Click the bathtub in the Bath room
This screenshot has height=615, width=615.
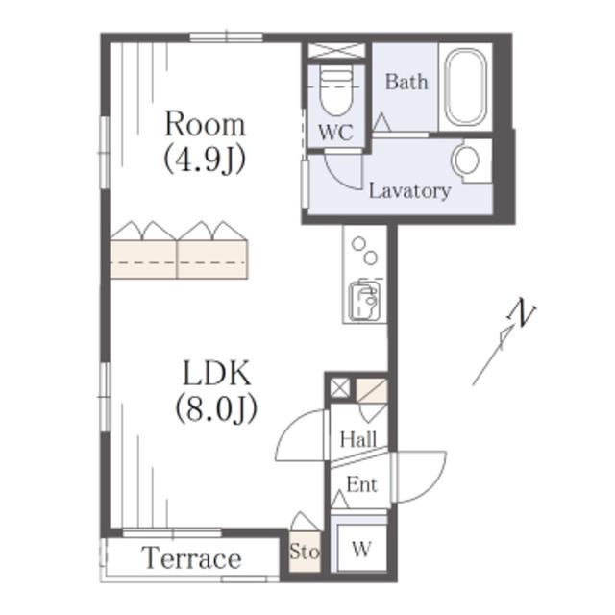466,87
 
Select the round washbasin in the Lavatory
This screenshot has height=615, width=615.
465,160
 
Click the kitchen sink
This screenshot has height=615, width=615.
364,300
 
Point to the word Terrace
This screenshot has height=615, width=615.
191,557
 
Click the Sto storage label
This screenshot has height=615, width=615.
305,552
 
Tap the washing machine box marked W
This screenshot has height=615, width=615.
361,549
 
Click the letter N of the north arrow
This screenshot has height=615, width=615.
522,312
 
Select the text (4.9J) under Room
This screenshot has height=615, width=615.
205,159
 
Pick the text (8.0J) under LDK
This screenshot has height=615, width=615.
216,408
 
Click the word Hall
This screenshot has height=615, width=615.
358,439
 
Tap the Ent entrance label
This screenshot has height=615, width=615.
361,484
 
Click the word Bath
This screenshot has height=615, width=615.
406,82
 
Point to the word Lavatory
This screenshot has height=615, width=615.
410,191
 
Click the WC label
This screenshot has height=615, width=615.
335,133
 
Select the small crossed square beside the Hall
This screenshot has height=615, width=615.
339,388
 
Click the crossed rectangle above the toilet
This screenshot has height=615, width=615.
336,51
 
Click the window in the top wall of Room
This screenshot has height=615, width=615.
227,37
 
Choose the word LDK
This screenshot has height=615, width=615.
217,374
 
